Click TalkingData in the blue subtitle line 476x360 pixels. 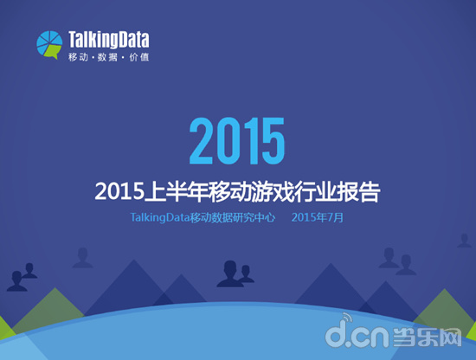[x=158, y=217]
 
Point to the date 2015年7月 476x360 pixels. [x=318, y=217]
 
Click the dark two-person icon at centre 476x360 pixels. [x=235, y=273]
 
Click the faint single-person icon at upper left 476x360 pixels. [x=82, y=256]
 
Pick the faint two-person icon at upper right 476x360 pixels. [x=397, y=257]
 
